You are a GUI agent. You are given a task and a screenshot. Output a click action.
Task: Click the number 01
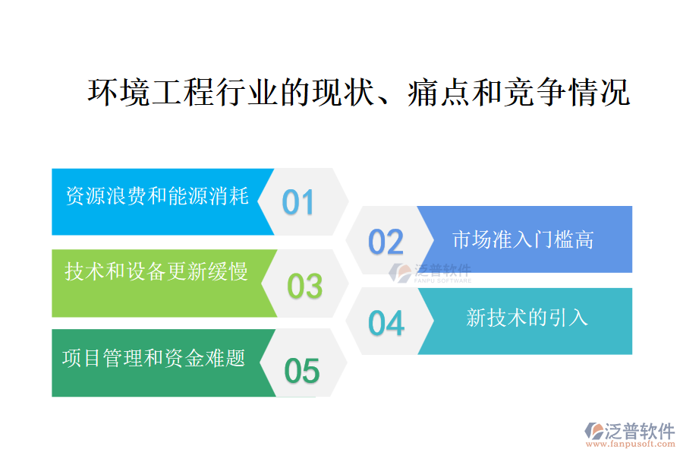coord(297,202)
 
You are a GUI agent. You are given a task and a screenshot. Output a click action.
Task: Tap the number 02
coord(386,242)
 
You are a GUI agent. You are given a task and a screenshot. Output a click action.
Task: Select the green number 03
coord(304,286)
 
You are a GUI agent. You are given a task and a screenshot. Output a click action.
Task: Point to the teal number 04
coord(386,323)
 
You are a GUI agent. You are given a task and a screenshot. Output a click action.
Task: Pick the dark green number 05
coord(302,371)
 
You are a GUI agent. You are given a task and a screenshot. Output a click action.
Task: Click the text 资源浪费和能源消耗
coord(157,196)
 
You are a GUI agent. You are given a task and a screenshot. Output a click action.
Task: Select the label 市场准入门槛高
coord(523,240)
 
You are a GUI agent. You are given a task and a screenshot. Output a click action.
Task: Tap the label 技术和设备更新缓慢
coord(156,271)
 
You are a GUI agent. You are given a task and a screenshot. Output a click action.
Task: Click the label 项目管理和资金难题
coord(153,358)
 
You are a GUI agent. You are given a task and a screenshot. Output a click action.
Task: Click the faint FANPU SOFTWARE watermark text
coord(442,281)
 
